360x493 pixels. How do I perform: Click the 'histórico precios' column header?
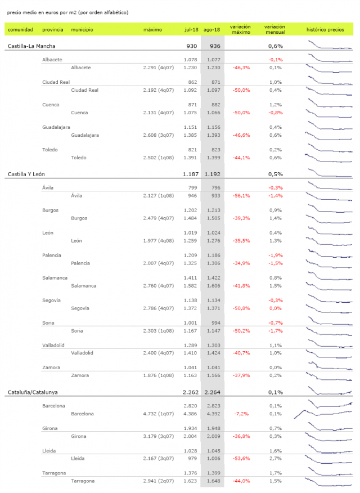click(x=325, y=30)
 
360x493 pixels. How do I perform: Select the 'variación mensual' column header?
click(x=275, y=29)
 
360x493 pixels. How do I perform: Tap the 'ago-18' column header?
click(x=211, y=30)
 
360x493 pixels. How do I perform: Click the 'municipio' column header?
click(x=82, y=30)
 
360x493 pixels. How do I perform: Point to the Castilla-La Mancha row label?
click(x=31, y=46)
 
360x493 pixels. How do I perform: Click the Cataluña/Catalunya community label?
click(x=33, y=392)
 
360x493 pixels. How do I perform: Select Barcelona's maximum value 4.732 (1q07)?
click(x=158, y=414)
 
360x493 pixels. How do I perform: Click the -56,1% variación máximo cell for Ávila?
click(x=241, y=195)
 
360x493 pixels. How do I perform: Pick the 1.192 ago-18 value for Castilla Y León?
click(x=213, y=174)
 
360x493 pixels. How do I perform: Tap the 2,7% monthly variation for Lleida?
click(x=276, y=459)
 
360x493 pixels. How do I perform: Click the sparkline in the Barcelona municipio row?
click(x=323, y=414)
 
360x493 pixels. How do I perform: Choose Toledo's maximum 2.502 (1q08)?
click(x=158, y=158)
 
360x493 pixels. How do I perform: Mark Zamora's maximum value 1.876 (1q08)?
click(x=158, y=375)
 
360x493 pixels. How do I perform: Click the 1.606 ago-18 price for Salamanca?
click(x=214, y=286)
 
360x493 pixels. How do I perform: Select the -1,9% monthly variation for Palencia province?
click(x=276, y=256)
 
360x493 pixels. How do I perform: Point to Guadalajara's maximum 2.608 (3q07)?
click(x=158, y=135)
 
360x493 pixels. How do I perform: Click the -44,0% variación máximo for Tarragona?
click(x=241, y=481)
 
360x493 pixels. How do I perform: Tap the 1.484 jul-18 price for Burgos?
click(x=190, y=218)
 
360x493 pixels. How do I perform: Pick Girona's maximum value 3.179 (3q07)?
click(x=158, y=436)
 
